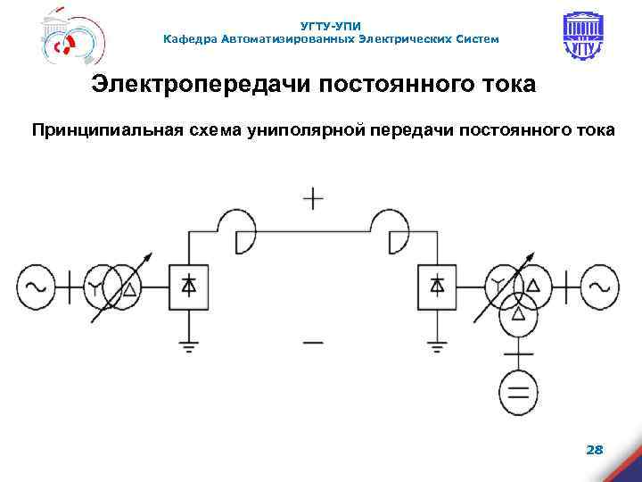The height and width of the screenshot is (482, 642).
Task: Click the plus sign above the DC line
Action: pyautogui.click(x=313, y=198)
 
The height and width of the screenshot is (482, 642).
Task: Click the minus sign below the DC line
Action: pyautogui.click(x=313, y=340)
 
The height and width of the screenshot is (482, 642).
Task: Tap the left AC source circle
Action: pyautogui.click(x=36, y=287)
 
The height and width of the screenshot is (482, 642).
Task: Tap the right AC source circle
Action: pyautogui.click(x=600, y=287)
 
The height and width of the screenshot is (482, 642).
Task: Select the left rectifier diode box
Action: pyautogui.click(x=188, y=287)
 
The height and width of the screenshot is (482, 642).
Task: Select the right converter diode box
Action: pyautogui.click(x=437, y=287)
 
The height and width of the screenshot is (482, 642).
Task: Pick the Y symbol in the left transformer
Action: pyautogui.click(x=95, y=287)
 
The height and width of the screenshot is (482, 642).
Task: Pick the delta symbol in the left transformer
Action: pyautogui.click(x=130, y=287)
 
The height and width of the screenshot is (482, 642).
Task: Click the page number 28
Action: pyautogui.click(x=594, y=450)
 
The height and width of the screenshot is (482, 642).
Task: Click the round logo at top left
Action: pyautogui.click(x=71, y=39)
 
